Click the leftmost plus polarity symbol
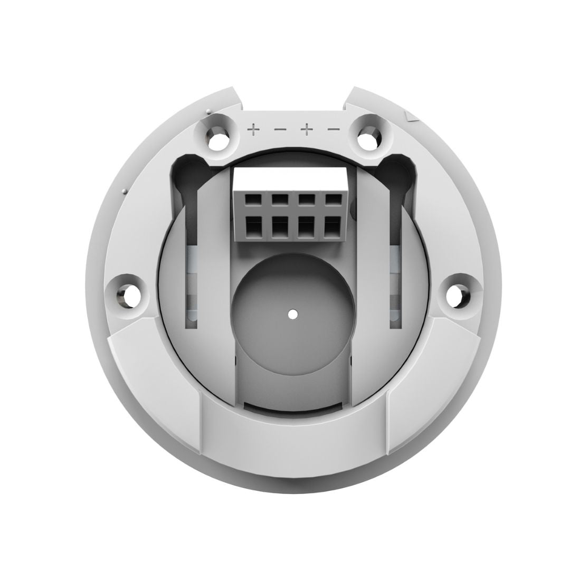tap(254, 129)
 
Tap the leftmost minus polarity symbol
tap(280, 129)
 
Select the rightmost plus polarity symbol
tap(307, 129)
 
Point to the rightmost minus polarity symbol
tap(334, 129)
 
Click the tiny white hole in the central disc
tap(292, 313)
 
